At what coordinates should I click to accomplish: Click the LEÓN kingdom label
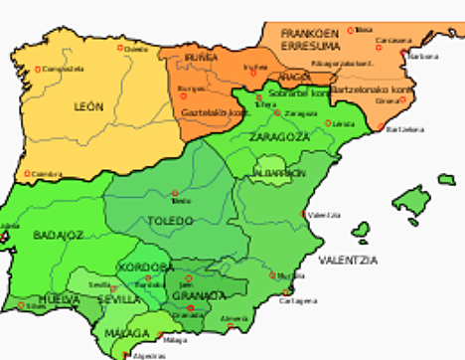pos(87,105)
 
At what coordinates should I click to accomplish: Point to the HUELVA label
pos(30,296)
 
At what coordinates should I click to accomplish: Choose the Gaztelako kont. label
pos(212,112)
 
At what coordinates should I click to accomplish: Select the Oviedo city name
pos(136,48)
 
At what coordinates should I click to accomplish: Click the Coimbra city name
pos(47,174)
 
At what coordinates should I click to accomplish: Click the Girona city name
pos(387,100)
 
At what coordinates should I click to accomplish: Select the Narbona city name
pos(425,56)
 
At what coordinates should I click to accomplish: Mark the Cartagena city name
pos(299,299)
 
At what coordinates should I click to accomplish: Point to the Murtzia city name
pos(292,275)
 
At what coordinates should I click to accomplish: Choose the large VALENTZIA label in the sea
pos(348,260)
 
